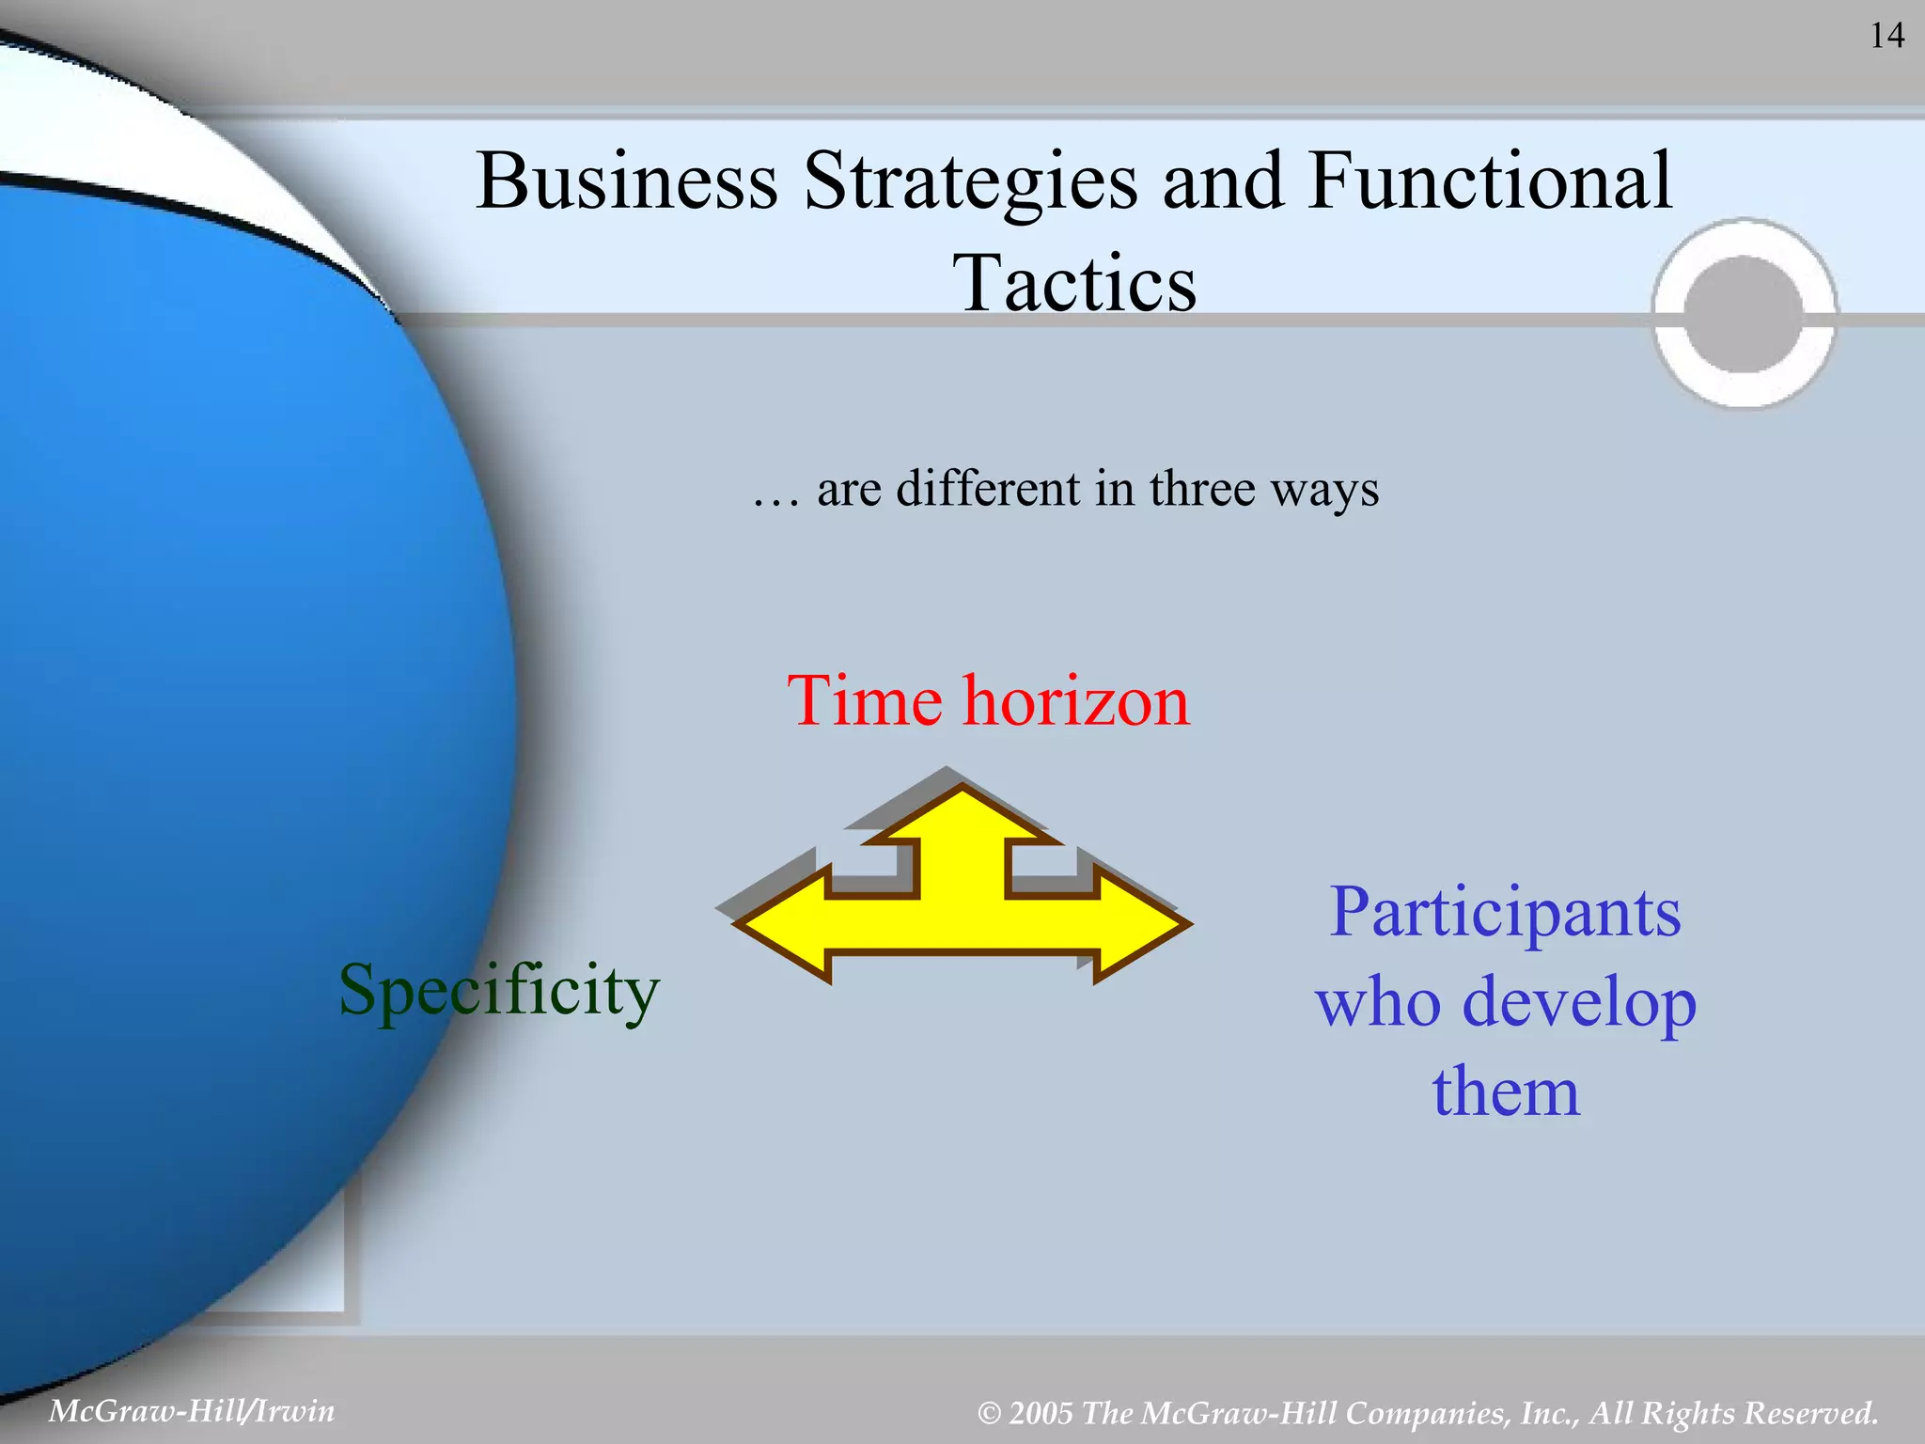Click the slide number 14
pyautogui.click(x=1886, y=36)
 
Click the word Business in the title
pyautogui.click(x=627, y=180)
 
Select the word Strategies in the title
pyautogui.click(x=970, y=182)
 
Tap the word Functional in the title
pyautogui.click(x=1490, y=180)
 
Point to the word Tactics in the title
pyautogui.click(x=1074, y=283)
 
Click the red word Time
pyautogui.click(x=864, y=701)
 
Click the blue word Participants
pyautogui.click(x=1505, y=912)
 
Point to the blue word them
pyautogui.click(x=1506, y=1091)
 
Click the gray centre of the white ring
pyautogui.click(x=1744, y=314)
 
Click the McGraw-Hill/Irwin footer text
pyautogui.click(x=192, y=1411)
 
